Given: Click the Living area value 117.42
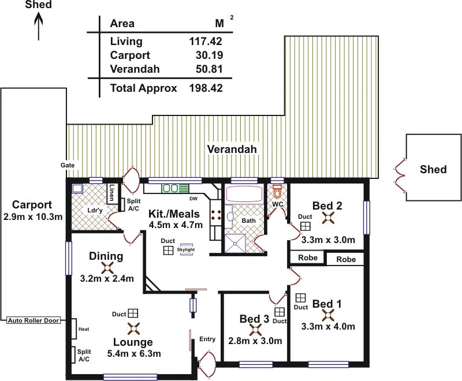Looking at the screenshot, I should click(x=206, y=42).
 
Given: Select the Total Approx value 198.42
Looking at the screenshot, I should click(x=206, y=88).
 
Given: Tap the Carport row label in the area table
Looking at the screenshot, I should click(x=130, y=55).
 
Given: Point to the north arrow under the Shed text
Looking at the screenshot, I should click(x=39, y=26).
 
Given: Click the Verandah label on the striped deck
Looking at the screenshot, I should click(x=232, y=150).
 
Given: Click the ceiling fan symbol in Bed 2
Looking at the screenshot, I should click(x=328, y=218).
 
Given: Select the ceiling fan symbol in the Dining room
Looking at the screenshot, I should click(x=107, y=267).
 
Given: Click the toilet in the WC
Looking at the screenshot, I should click(x=277, y=191).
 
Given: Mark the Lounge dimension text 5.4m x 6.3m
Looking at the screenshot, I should click(x=134, y=353).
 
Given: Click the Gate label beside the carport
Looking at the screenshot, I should click(x=68, y=165).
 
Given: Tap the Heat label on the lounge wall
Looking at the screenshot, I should click(x=83, y=329).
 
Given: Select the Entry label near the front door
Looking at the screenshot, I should click(x=207, y=339).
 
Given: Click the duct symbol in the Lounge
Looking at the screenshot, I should click(x=133, y=313).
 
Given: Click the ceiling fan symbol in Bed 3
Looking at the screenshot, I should click(x=255, y=330).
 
